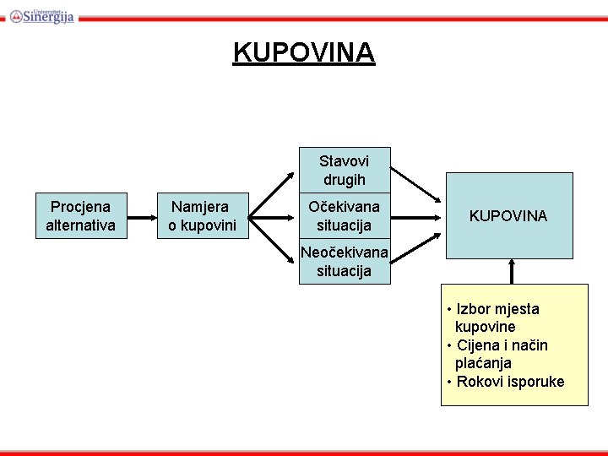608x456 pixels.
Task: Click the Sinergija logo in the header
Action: pos(42,14)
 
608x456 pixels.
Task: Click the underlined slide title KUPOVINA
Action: pos(304,52)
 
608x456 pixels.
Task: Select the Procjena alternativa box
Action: pos(81,216)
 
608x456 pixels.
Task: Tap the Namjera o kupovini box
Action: pos(203,216)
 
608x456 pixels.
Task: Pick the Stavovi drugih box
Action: pos(345,170)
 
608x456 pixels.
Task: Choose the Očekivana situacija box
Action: pos(345,216)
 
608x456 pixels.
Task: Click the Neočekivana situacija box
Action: pos(345,262)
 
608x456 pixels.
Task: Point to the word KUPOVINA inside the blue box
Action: pos(508,216)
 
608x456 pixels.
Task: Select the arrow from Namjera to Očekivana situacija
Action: pos(275,217)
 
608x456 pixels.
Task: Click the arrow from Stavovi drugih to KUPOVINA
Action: pos(415,181)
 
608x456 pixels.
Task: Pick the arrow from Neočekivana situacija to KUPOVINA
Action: pos(415,252)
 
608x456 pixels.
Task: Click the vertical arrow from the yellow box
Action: pos(510,271)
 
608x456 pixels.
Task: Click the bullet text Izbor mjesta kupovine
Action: pos(497,318)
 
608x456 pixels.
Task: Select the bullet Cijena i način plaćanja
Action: pos(502,354)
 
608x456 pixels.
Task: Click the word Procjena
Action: pos(81,207)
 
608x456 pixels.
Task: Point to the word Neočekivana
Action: pos(345,252)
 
